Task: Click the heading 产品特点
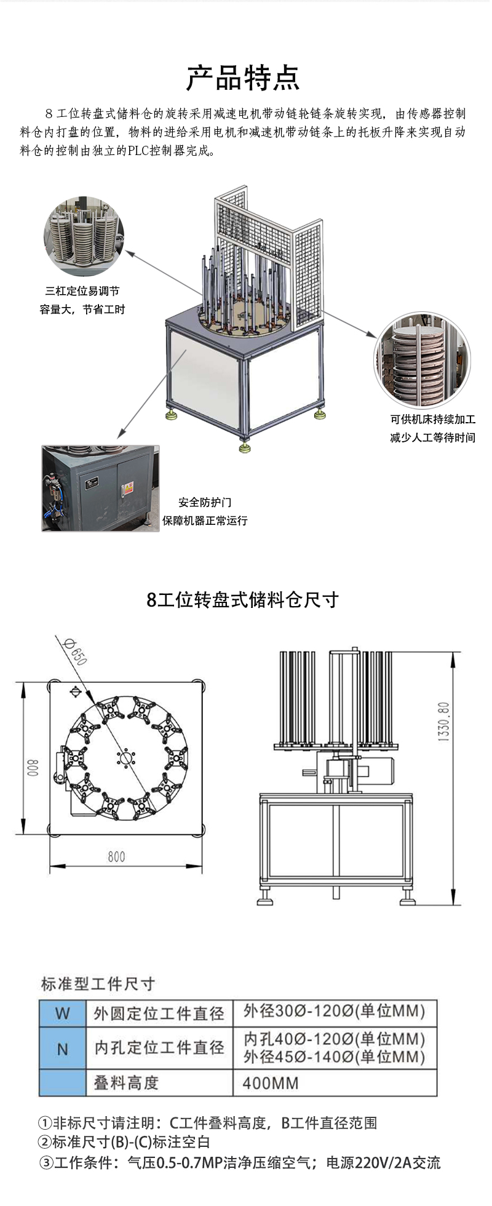[x=243, y=78]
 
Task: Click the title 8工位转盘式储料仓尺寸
[x=243, y=599]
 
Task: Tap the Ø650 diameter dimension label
[x=76, y=652]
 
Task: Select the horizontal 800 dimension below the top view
[x=116, y=857]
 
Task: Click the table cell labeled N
[x=62, y=1049]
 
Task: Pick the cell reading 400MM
[x=271, y=1084]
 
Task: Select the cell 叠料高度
[x=126, y=1084]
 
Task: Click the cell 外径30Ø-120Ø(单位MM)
[x=334, y=1011]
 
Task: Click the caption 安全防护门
[x=205, y=502]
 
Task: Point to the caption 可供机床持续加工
[x=432, y=419]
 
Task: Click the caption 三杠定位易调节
[x=82, y=291]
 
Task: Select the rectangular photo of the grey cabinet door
[x=100, y=489]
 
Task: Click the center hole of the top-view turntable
[x=125, y=757]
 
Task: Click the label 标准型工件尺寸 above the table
[x=98, y=984]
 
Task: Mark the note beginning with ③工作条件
[x=240, y=1163]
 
